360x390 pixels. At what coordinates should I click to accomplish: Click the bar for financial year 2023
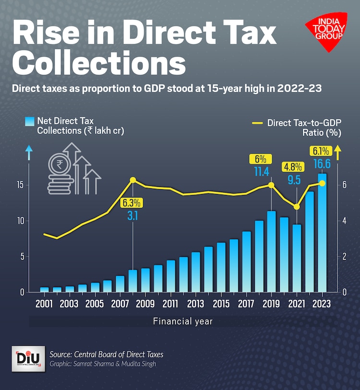click(322, 232)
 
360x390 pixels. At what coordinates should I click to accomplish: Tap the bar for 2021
click(297, 258)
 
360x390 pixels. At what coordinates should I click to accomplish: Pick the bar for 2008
click(133, 280)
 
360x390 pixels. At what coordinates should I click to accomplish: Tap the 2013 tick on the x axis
click(195, 304)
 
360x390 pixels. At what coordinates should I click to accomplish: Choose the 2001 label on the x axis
click(44, 304)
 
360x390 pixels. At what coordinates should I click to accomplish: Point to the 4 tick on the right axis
click(345, 221)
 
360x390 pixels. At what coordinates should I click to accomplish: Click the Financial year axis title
click(183, 321)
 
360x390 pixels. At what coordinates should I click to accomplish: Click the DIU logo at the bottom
click(27, 358)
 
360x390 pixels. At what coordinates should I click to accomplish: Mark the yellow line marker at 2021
click(297, 207)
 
